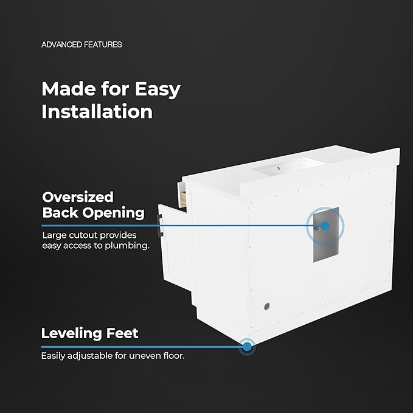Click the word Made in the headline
(x=69, y=89)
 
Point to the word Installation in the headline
(x=97, y=112)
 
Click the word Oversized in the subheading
(x=78, y=197)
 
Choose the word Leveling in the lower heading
(x=71, y=334)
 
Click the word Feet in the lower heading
(x=122, y=333)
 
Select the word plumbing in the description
(x=127, y=246)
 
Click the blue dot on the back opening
(x=325, y=226)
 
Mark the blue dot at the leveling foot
(x=247, y=347)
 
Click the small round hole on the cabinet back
(x=266, y=307)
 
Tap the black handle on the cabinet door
(x=159, y=225)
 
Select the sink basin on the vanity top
(x=288, y=167)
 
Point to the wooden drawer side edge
(x=183, y=199)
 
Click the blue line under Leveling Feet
(x=142, y=347)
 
